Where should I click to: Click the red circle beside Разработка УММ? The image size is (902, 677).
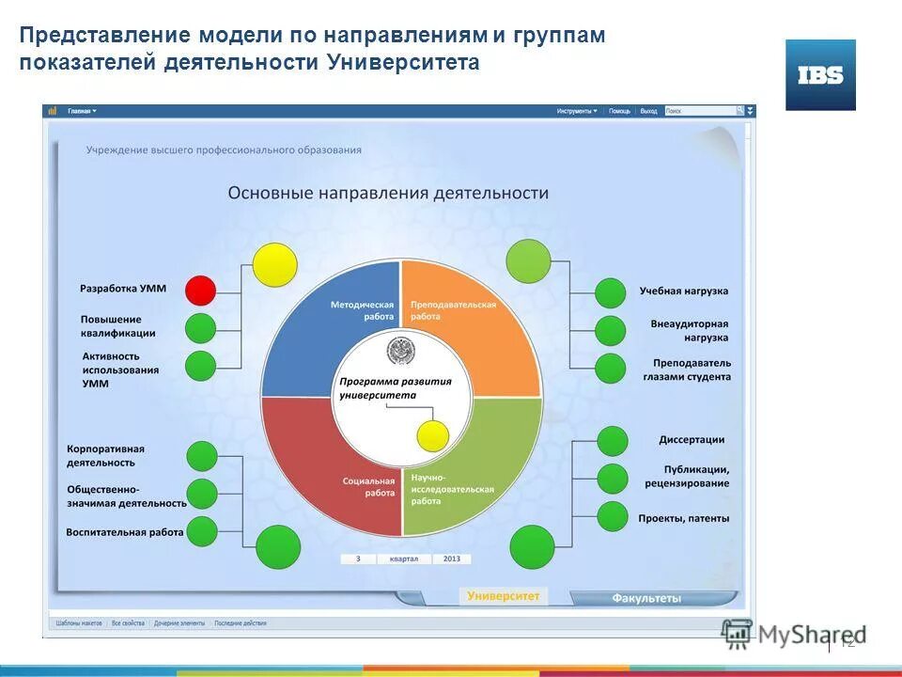click(200, 290)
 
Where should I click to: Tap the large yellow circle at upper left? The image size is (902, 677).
click(274, 264)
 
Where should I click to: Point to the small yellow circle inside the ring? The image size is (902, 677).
click(432, 435)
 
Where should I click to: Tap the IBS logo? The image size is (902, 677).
click(820, 75)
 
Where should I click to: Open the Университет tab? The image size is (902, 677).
click(504, 596)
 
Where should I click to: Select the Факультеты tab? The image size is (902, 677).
click(646, 598)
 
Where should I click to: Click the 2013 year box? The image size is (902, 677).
click(452, 559)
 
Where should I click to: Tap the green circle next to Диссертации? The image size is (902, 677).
click(613, 441)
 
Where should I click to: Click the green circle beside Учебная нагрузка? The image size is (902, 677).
click(611, 293)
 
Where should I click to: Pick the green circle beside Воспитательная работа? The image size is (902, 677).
click(202, 531)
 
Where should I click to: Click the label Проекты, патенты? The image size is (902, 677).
click(683, 518)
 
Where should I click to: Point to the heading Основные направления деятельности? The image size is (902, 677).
click(388, 193)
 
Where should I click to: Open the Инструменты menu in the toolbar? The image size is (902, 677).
click(576, 111)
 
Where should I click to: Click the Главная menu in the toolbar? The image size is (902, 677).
click(82, 111)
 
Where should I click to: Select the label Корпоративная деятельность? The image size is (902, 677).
click(105, 456)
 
